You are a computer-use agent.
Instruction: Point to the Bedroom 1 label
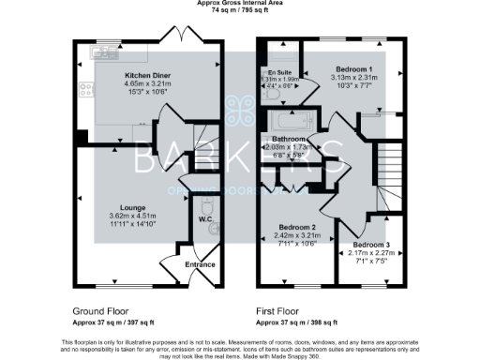pyautogui.click(x=356, y=69)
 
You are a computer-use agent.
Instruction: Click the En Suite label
pyautogui.click(x=279, y=72)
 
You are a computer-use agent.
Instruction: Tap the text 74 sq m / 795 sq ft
pyautogui.click(x=240, y=12)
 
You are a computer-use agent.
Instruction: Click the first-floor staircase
pyautogui.click(x=387, y=169)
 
